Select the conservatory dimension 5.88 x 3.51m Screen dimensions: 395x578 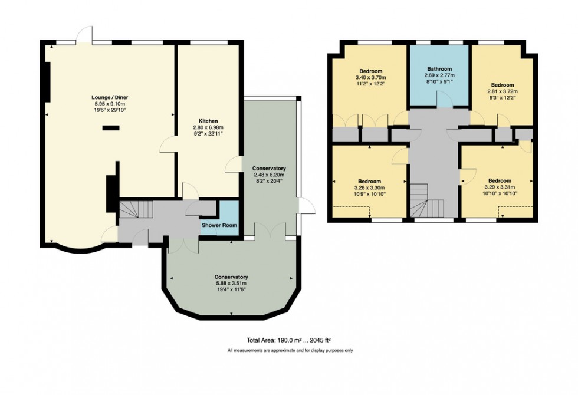(x=231, y=283)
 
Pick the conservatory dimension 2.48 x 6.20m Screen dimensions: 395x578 (x=268, y=175)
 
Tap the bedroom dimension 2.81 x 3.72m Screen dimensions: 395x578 (x=502, y=91)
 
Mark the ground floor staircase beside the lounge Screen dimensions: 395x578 (x=136, y=209)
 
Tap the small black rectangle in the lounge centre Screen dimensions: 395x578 (x=111, y=127)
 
